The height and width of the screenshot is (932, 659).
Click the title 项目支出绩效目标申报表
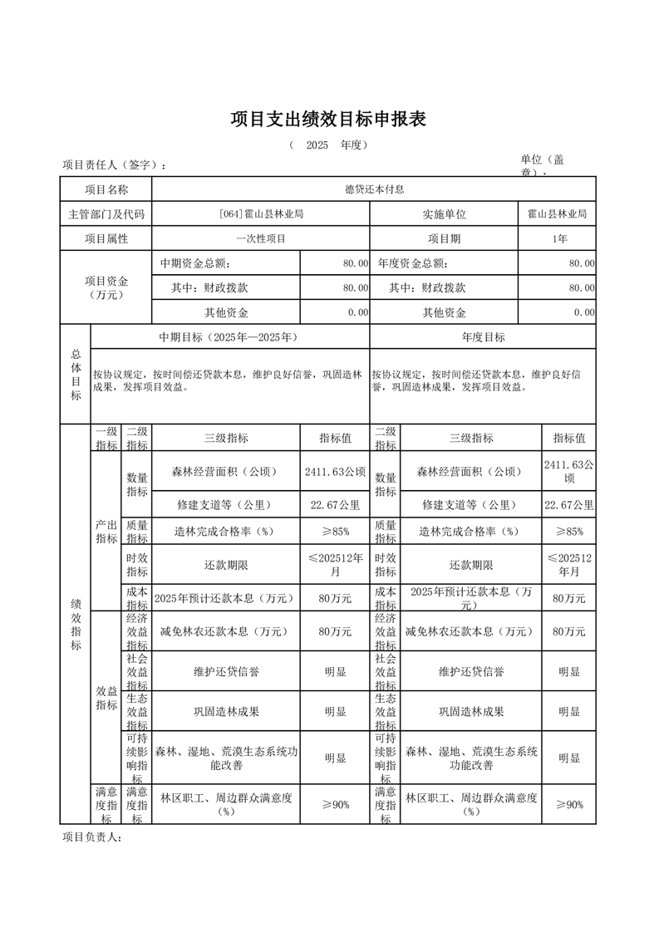coord(328,120)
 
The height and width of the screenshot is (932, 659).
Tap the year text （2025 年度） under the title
coord(328,145)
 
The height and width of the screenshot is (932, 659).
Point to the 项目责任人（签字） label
coord(114,164)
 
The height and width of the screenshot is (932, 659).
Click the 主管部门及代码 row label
coord(106,214)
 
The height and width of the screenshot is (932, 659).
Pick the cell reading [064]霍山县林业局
coord(260,214)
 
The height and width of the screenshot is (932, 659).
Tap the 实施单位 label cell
coord(444,214)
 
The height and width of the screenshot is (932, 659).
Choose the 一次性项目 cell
coord(260,239)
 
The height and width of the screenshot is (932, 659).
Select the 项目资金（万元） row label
coord(106,287)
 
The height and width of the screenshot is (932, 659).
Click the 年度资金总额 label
coord(412,264)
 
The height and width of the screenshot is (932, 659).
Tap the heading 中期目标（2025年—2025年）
coord(229,337)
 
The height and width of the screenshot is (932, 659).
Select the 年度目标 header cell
coord(483,337)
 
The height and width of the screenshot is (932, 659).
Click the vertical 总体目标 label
coord(76,374)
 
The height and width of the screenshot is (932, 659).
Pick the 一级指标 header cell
coord(106,439)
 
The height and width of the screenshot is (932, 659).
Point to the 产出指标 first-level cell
coord(106,532)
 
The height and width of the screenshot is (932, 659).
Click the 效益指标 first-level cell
coord(106,698)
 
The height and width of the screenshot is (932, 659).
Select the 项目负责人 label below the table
coord(92,837)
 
